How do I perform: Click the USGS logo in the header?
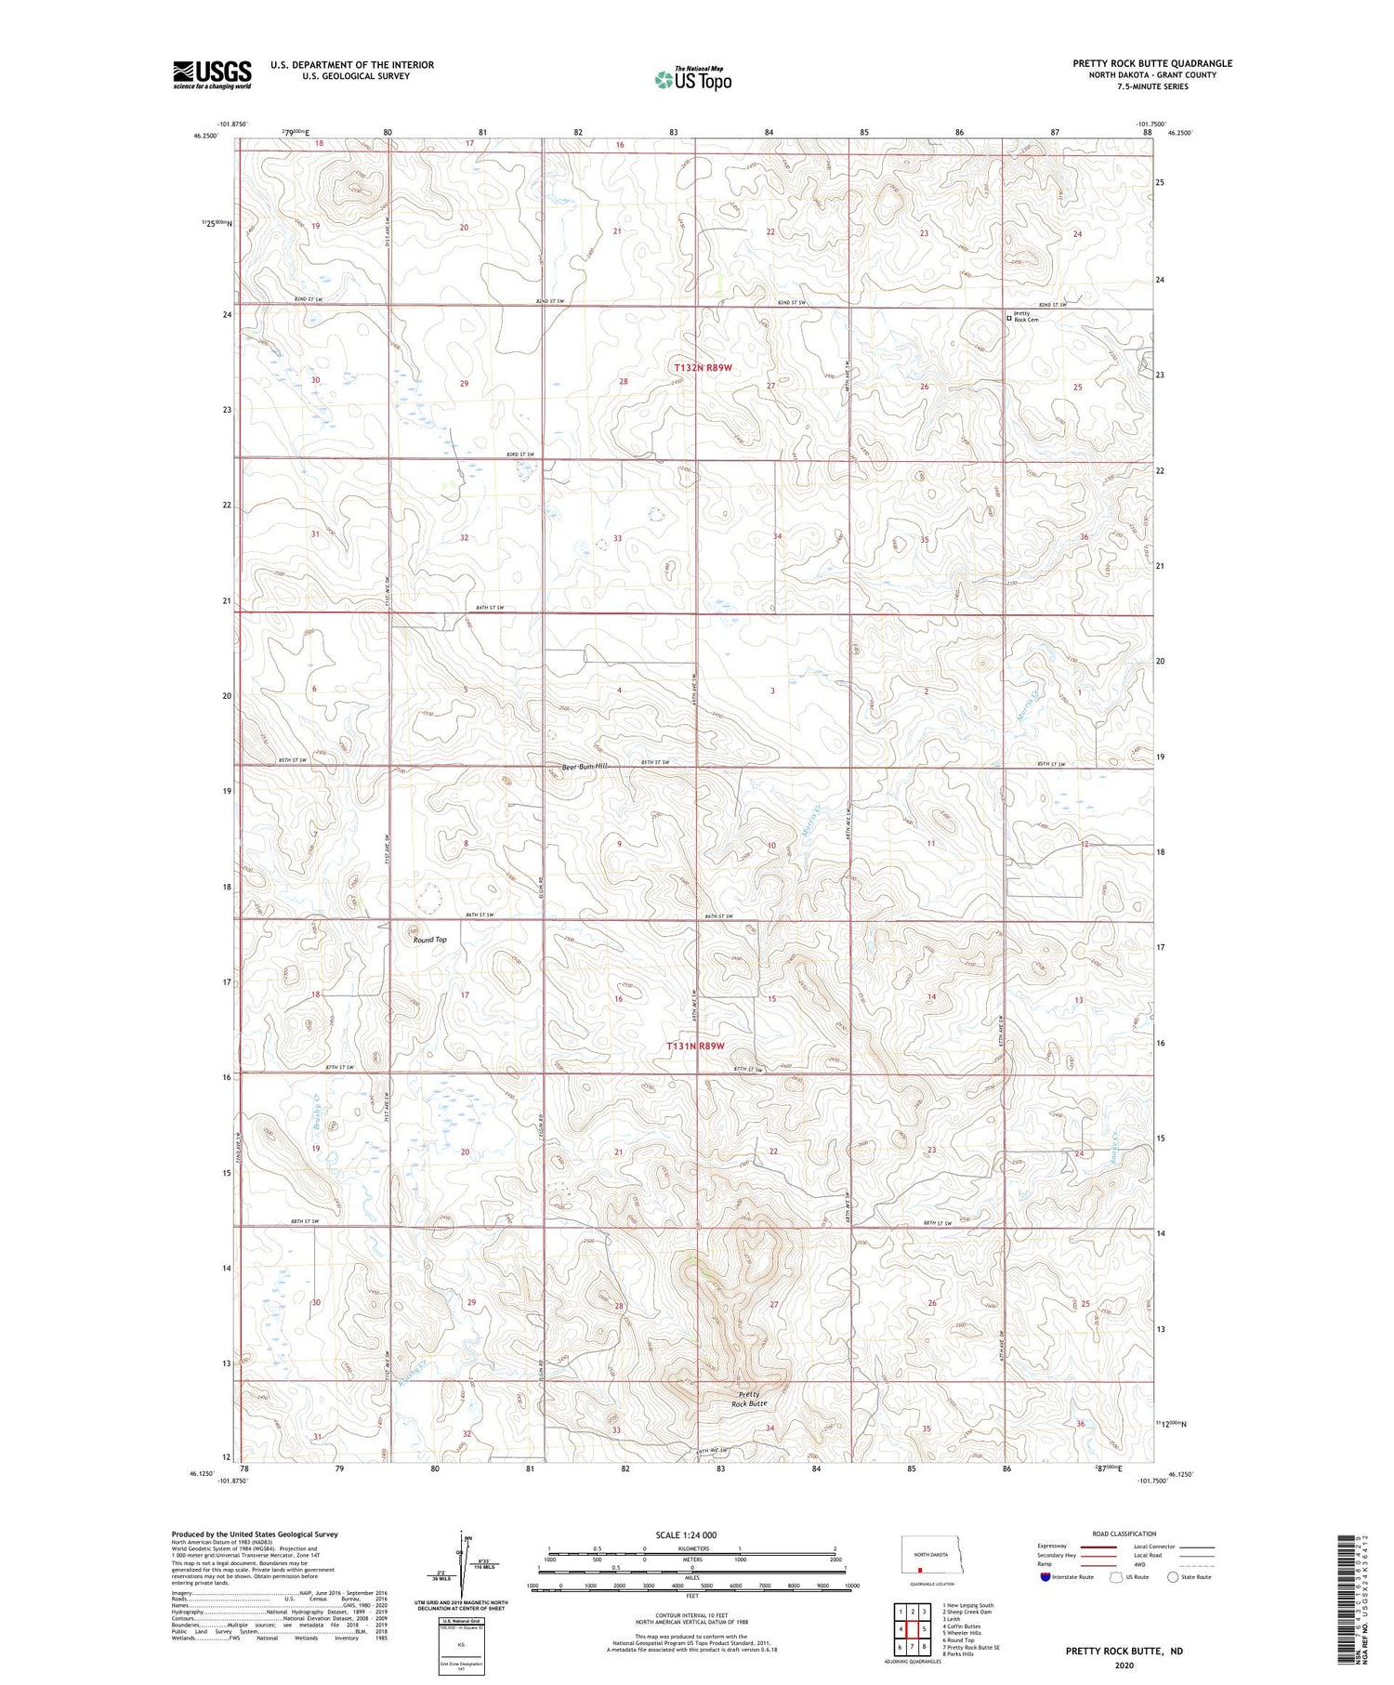212,74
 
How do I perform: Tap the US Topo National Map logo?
693,80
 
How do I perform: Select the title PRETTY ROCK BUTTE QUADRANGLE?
1152,63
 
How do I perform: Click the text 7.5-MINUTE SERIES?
1152,86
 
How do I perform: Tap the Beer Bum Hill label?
584,767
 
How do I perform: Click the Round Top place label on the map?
429,940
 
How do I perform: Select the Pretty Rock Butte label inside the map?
749,1399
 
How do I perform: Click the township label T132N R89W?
703,368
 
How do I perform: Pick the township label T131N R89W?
695,1046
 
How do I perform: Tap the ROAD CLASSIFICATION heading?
1124,1534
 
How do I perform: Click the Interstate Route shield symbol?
1045,1576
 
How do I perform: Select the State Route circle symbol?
1173,1576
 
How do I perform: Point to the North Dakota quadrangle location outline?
929,1554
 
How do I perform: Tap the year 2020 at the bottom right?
1124,1665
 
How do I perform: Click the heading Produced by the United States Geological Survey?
255,1534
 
